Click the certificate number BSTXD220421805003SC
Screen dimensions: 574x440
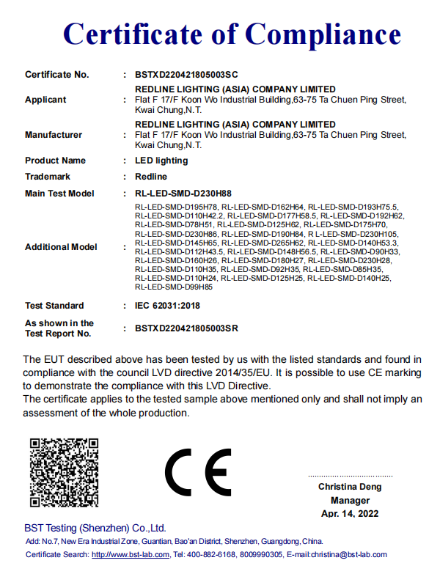pyautogui.click(x=187, y=75)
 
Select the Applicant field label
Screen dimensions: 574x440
pyautogui.click(x=45, y=100)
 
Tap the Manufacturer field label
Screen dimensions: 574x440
pyautogui.click(x=54, y=135)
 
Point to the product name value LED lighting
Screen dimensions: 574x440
pyautogui.click(x=161, y=161)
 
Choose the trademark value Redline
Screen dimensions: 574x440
pyautogui.click(x=151, y=177)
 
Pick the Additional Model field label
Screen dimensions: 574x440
pyautogui.click(x=61, y=247)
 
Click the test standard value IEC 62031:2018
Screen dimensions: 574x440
pyautogui.click(x=166, y=306)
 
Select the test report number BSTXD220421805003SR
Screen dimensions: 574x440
pyautogui.click(x=187, y=328)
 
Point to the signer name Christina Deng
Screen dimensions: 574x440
pyautogui.click(x=350, y=487)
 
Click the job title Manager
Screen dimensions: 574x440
pyautogui.click(x=350, y=500)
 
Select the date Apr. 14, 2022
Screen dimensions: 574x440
pyautogui.click(x=350, y=513)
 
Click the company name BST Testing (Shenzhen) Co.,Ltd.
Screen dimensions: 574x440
pyautogui.click(x=95, y=528)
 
